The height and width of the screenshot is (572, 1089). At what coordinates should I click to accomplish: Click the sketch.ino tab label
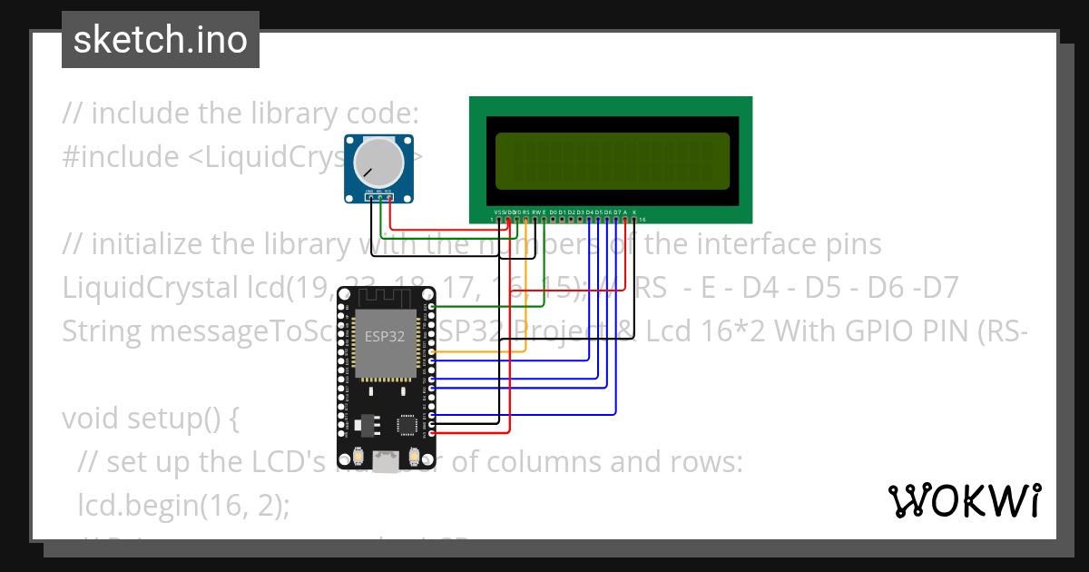coord(160,40)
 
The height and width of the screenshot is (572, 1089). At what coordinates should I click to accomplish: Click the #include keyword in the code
coord(121,157)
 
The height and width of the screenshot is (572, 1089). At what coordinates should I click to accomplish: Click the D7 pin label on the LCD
coord(617,212)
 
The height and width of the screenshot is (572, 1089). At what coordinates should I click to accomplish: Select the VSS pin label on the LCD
coord(498,212)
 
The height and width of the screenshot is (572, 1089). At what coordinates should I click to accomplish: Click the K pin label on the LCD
coord(634,212)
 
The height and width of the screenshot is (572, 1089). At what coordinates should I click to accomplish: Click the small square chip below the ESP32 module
coord(408,425)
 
